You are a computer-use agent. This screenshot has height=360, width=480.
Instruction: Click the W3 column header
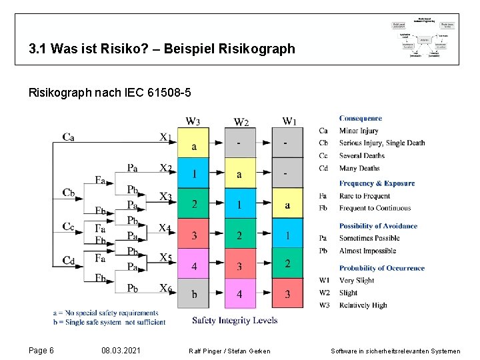(193, 121)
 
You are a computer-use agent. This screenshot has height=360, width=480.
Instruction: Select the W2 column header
(241, 122)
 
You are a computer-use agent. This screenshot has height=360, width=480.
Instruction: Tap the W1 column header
(289, 121)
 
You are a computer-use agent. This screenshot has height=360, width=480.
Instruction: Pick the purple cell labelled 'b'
(193, 294)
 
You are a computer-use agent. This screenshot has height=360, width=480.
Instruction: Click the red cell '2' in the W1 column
(287, 264)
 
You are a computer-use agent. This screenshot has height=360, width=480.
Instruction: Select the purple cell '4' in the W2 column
(240, 294)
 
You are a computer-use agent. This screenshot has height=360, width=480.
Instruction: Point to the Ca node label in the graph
(68, 137)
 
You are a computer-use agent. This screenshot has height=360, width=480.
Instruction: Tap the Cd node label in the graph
(68, 260)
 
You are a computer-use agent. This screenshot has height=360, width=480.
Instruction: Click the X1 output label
(165, 137)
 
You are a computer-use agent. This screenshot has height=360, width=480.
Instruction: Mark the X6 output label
(165, 288)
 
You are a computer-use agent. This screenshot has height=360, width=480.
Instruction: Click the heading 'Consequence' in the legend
(360, 119)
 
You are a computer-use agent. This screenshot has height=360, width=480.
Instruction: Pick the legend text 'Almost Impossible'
(367, 251)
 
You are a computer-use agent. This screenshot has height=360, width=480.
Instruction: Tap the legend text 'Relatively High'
(363, 305)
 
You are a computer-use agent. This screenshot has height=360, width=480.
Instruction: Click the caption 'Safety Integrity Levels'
(235, 321)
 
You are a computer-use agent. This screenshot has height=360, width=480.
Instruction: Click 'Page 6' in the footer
(41, 351)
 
